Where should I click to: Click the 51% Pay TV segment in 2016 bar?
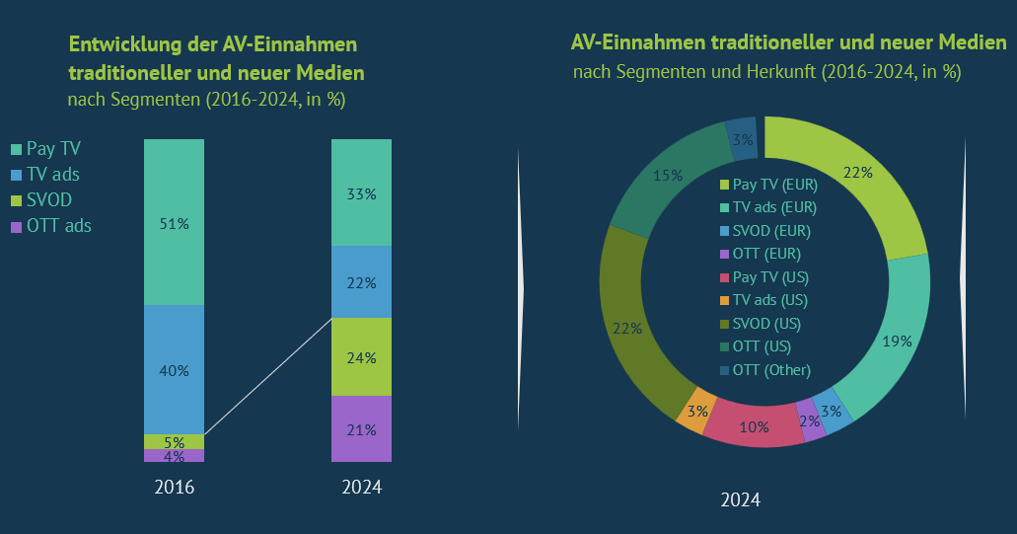click(174, 222)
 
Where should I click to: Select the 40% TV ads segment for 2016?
click(174, 370)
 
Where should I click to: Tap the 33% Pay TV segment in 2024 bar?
click(361, 192)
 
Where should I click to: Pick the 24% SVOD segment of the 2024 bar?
click(361, 356)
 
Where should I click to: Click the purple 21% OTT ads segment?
click(361, 428)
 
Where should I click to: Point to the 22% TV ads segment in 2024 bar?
click(361, 282)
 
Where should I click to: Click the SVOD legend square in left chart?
click(15, 200)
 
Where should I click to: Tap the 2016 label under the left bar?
click(174, 488)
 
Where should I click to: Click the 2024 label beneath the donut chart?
click(740, 499)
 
